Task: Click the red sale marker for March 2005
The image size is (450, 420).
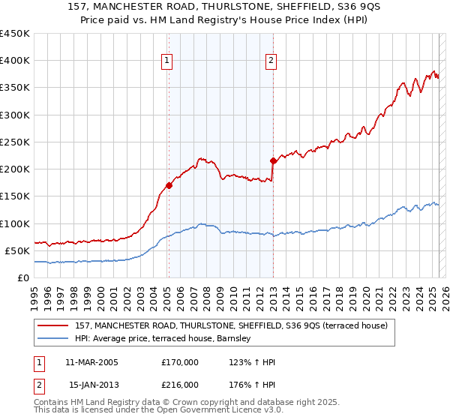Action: [x=169, y=185]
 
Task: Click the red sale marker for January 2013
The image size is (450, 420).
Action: [x=273, y=160]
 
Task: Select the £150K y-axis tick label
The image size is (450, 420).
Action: [x=14, y=196]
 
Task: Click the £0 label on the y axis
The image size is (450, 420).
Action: [x=23, y=278]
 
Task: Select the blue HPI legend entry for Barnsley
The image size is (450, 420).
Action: [x=166, y=339]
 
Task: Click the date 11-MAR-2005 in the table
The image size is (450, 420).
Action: [x=92, y=362]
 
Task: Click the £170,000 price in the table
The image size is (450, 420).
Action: [x=181, y=362]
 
